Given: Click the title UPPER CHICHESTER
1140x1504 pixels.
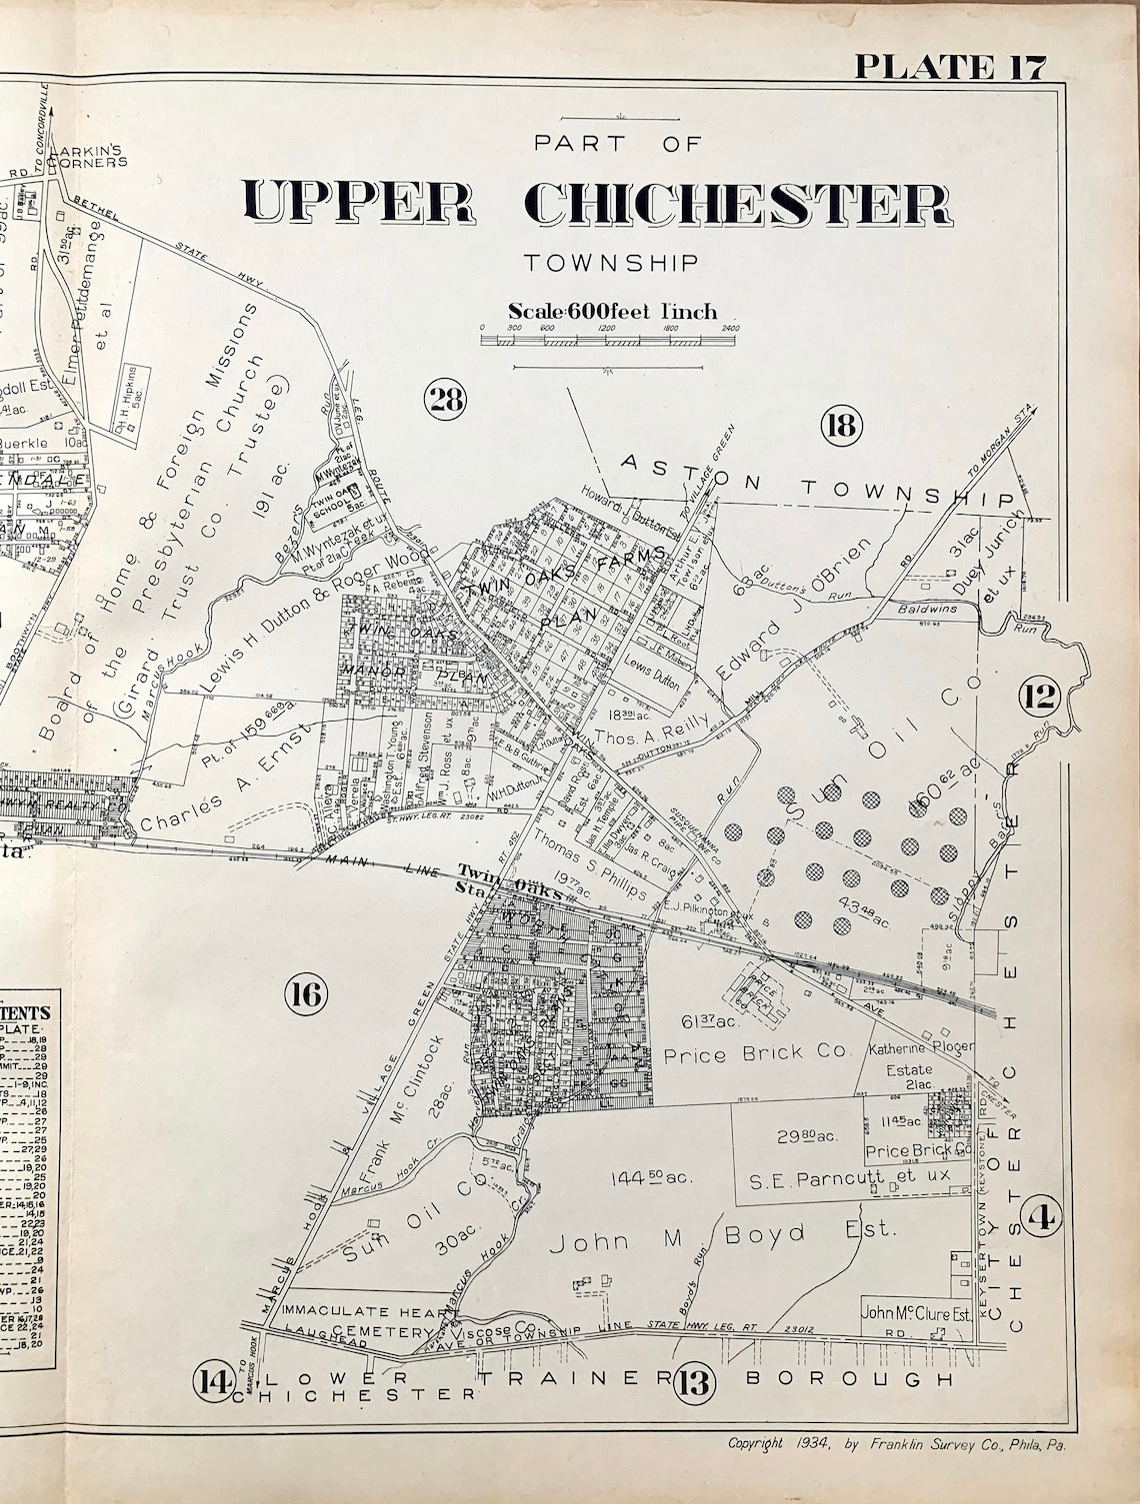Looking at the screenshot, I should pyautogui.click(x=597, y=204).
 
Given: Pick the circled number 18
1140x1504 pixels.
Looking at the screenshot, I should pyautogui.click(x=839, y=427).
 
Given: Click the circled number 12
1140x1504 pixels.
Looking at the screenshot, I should pyautogui.click(x=1040, y=696).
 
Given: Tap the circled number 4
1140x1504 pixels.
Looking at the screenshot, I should pyautogui.click(x=1043, y=1216).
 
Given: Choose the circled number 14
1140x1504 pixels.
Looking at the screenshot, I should pyautogui.click(x=213, y=1382).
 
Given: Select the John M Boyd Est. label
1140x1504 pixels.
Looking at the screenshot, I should pyautogui.click(x=718, y=1236).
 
